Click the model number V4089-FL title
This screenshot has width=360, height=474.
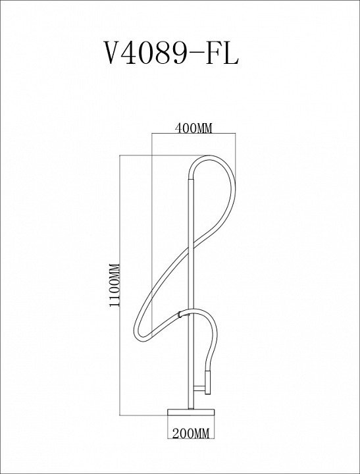tap(171, 53)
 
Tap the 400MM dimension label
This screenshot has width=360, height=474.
tap(193, 128)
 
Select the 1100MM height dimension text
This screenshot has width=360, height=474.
tap(115, 285)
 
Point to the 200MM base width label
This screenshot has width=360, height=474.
tap(191, 434)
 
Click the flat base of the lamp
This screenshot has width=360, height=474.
tap(191, 412)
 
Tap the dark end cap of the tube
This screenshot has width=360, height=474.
tap(207, 382)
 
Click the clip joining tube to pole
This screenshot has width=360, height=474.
tap(180, 314)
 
